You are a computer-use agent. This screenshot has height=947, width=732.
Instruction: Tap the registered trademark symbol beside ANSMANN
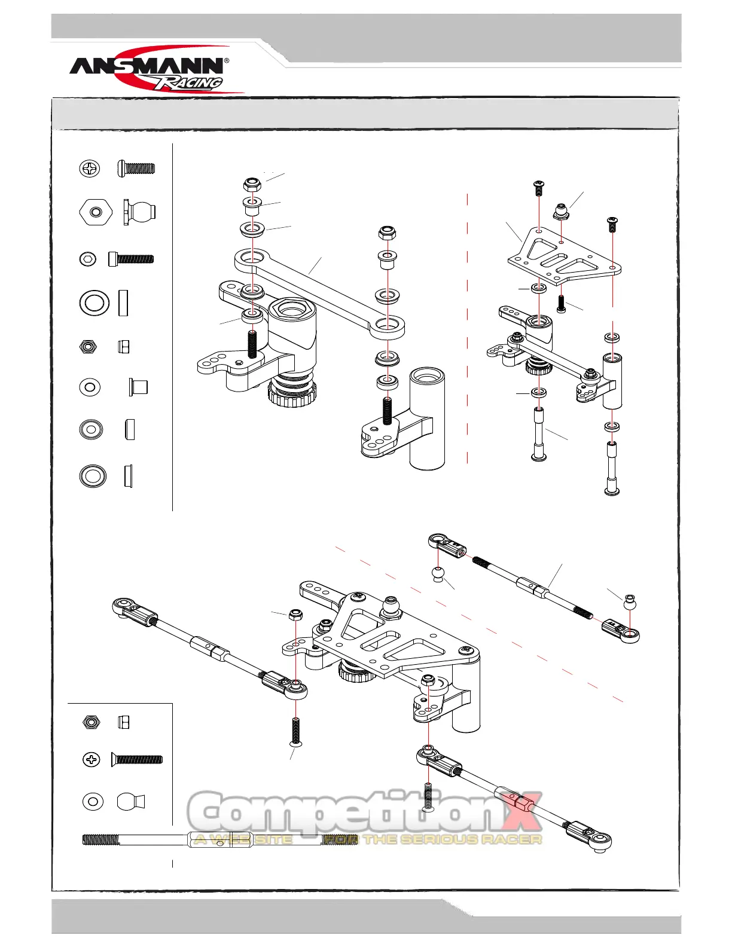226,61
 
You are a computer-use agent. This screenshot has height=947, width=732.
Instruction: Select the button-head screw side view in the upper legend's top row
136,168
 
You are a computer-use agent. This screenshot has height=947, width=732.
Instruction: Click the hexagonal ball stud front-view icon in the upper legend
95,212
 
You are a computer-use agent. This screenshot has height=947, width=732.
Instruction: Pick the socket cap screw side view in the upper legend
131,259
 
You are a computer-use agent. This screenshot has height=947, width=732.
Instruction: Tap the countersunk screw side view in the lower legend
137,760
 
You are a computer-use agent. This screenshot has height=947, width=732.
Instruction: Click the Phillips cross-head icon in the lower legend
91,760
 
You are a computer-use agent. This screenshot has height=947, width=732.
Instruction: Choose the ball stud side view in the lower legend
131,802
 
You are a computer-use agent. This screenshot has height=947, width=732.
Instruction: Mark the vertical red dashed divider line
468,329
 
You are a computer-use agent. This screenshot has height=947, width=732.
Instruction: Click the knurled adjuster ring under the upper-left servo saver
292,395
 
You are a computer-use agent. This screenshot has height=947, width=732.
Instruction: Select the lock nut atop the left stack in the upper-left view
252,184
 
